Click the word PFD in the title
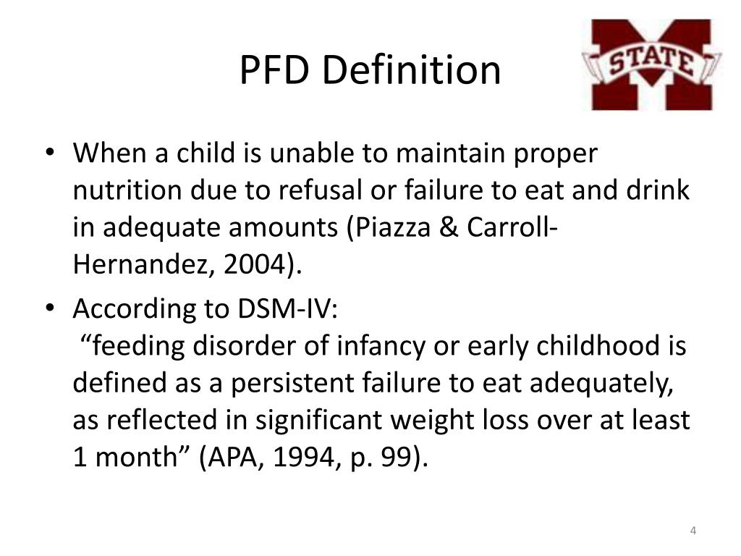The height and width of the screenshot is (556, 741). (274, 70)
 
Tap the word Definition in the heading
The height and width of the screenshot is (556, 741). (412, 70)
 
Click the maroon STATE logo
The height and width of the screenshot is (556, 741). (651, 64)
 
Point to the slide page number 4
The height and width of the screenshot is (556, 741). (693, 532)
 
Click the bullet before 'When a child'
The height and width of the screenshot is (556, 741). (48, 153)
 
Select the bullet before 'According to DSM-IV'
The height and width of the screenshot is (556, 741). (48, 309)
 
